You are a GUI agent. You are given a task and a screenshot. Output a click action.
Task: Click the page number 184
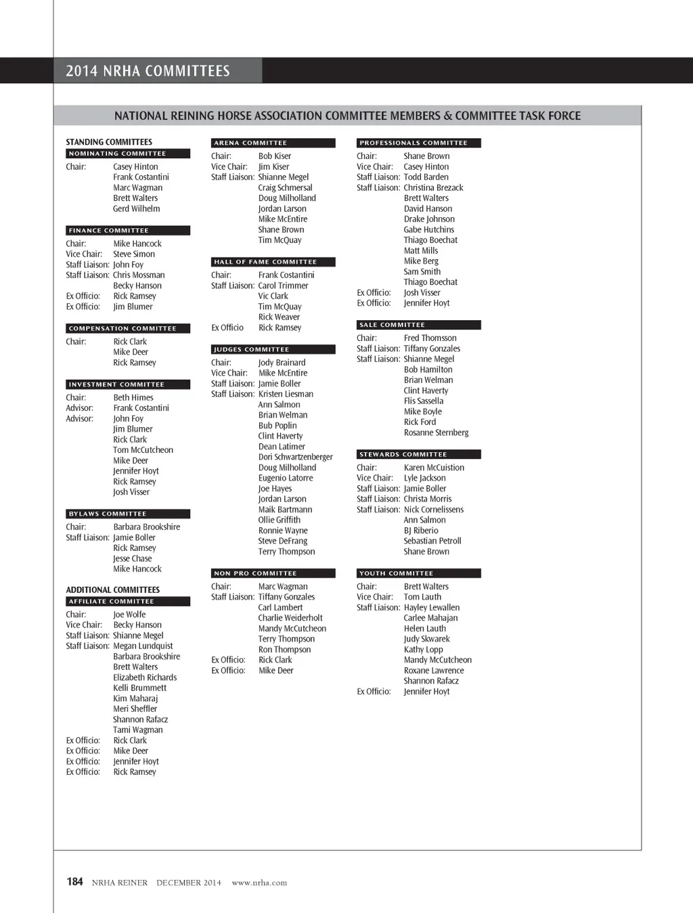[74, 881]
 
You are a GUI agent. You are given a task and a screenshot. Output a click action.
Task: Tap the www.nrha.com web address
[259, 883]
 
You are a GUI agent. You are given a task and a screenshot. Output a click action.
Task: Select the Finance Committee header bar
[128, 231]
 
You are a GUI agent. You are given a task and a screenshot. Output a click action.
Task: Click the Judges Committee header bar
[273, 349]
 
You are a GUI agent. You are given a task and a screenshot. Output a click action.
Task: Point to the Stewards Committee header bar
[418, 454]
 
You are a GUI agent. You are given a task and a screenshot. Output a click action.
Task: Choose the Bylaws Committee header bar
[128, 514]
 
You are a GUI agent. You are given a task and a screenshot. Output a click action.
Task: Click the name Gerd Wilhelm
[137, 208]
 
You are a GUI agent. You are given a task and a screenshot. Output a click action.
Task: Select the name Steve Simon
[134, 254]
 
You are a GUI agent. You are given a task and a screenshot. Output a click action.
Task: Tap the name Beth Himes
[133, 397]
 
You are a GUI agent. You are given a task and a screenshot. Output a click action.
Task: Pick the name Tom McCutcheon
[143, 450]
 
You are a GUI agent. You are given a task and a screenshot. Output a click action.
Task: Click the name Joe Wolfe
[129, 615]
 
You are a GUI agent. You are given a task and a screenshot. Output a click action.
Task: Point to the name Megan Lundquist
[143, 646]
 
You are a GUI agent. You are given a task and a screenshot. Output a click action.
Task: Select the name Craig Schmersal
[285, 187]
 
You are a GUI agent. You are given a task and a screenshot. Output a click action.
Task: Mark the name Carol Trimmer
[283, 286]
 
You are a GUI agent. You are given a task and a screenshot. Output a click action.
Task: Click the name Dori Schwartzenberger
[295, 457]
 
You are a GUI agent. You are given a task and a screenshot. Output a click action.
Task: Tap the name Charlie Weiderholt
[290, 618]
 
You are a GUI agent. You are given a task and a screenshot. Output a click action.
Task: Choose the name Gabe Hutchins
[429, 229]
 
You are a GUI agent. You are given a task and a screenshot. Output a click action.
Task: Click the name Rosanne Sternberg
[436, 432]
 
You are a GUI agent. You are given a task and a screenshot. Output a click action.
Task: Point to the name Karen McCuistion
[434, 468]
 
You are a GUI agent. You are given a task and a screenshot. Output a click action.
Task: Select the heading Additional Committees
[113, 589]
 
